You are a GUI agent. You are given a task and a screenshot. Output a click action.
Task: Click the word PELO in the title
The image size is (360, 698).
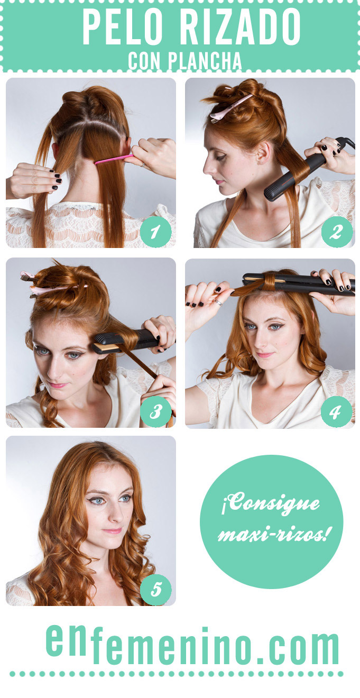point(123,27)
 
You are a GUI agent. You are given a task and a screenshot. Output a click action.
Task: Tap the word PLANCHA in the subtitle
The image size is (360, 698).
point(205,61)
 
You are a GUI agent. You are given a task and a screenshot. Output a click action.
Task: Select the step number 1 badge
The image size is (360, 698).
point(155,232)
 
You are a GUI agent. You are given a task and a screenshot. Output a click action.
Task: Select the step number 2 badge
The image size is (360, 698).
point(337,232)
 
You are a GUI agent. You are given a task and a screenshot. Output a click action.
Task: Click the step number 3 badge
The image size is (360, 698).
point(156,411)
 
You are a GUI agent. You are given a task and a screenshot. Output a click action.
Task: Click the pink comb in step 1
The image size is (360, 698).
point(114,159)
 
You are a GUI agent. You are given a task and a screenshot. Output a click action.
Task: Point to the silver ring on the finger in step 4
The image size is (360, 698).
point(218,301)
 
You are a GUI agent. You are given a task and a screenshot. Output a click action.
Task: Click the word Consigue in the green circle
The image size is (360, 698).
point(270,503)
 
